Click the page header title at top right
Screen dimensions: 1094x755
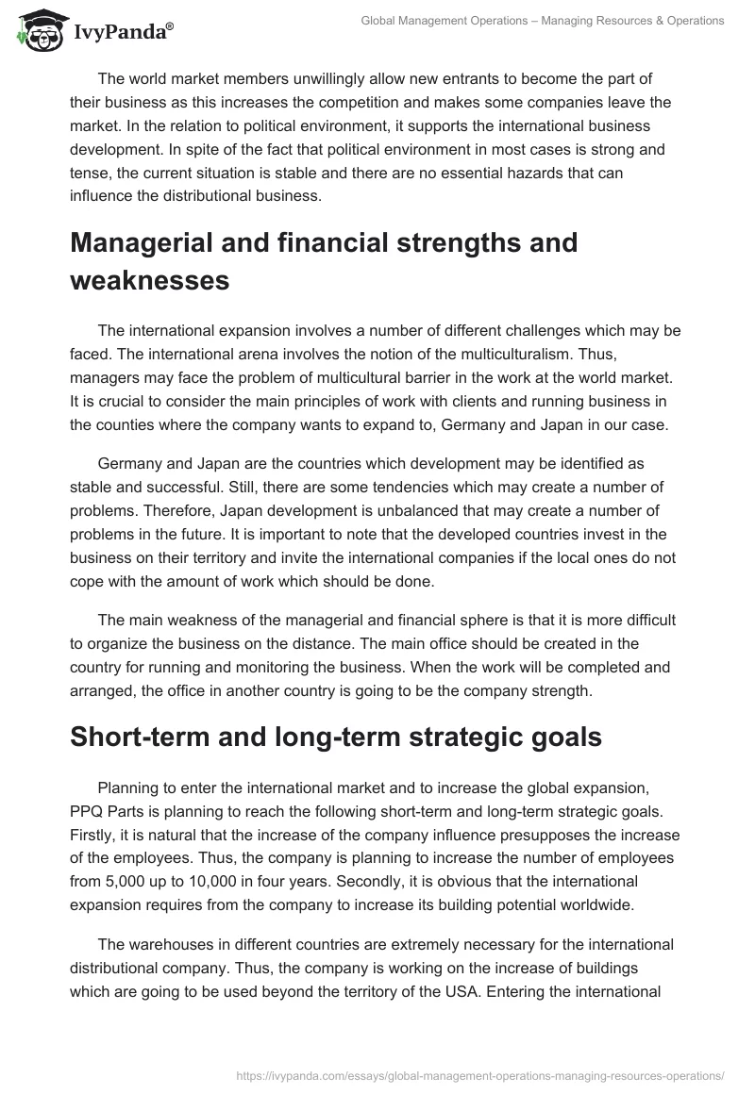click(x=543, y=21)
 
